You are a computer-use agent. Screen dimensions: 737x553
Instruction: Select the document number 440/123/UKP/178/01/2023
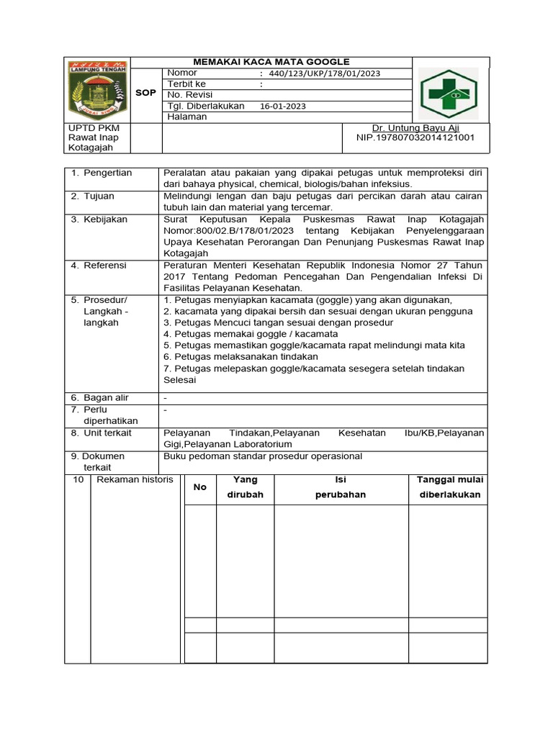(x=324, y=73)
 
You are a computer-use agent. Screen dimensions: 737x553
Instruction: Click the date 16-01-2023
(x=283, y=106)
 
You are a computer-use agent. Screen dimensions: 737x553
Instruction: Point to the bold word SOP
(x=145, y=93)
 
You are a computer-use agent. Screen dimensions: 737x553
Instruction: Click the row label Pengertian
(x=107, y=173)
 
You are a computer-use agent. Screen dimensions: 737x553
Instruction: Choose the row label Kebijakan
(x=104, y=220)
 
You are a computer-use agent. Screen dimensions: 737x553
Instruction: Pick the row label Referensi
(x=104, y=266)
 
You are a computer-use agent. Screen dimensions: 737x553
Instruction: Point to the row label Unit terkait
(x=108, y=433)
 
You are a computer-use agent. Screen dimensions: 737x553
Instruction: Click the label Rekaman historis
(x=135, y=480)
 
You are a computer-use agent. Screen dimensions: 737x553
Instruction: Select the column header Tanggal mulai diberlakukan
(x=450, y=487)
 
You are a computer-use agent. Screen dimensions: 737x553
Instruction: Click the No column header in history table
(x=199, y=487)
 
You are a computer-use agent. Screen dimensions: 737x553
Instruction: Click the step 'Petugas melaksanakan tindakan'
(x=241, y=356)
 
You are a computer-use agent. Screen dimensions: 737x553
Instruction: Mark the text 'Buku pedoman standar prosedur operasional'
(x=263, y=456)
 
